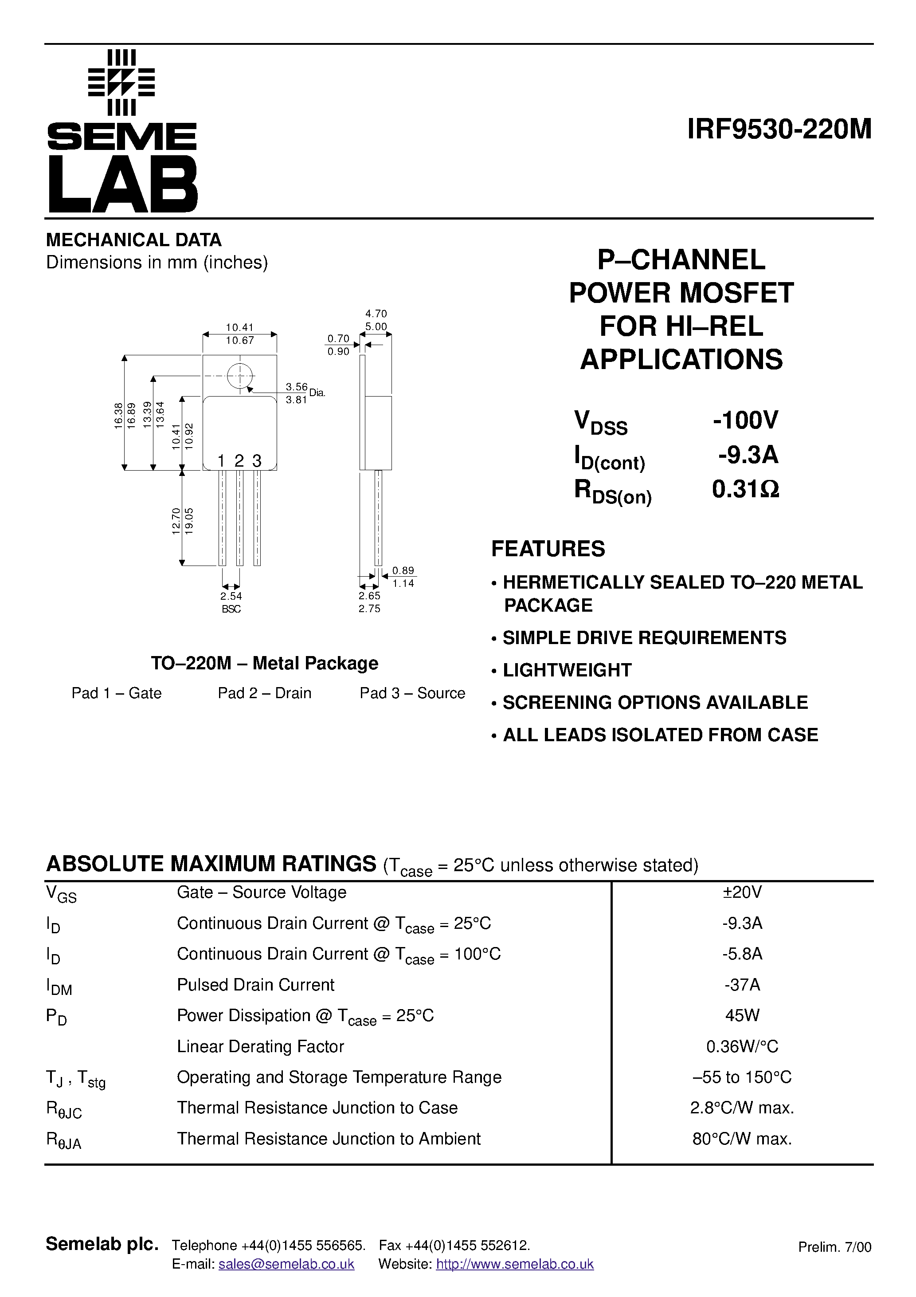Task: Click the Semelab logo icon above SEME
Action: pyautogui.click(x=121, y=83)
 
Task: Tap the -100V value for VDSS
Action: pyautogui.click(x=745, y=420)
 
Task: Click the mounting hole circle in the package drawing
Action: pyautogui.click(x=240, y=376)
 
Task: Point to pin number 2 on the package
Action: pyautogui.click(x=239, y=461)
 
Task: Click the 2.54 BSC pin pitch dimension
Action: pyautogui.click(x=231, y=601)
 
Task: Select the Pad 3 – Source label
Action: pyautogui.click(x=412, y=693)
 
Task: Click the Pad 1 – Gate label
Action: pyautogui.click(x=116, y=693)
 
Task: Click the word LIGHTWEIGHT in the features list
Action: pyautogui.click(x=567, y=670)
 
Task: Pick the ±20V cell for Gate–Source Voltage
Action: pyautogui.click(x=742, y=892)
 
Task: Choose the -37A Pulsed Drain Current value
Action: pyautogui.click(x=742, y=985)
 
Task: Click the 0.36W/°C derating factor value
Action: pyautogui.click(x=742, y=1046)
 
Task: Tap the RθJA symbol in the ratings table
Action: pyautogui.click(x=63, y=1140)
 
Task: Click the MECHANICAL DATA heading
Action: pyautogui.click(x=134, y=240)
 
